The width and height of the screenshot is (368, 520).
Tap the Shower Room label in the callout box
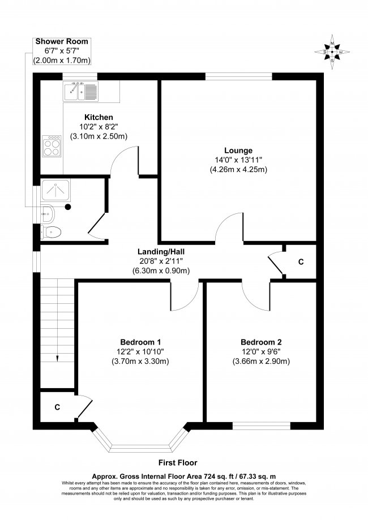(x=62, y=42)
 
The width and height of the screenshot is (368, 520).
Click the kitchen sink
(x=81, y=89)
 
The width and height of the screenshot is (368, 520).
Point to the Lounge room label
(x=238, y=150)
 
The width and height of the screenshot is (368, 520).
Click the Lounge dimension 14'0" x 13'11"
(x=238, y=160)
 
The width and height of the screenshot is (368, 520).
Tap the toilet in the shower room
(x=53, y=232)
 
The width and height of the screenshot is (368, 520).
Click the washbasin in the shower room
(x=49, y=213)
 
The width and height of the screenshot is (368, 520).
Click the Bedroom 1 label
(x=141, y=342)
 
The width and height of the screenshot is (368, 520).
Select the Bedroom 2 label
(x=261, y=342)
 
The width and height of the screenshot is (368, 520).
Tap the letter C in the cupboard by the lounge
(x=301, y=263)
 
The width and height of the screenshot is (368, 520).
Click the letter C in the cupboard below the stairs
(x=57, y=407)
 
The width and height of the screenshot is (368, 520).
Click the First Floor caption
(x=179, y=462)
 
